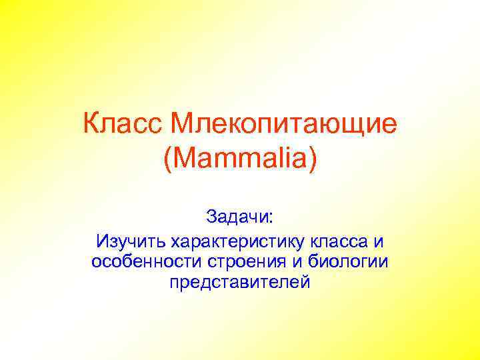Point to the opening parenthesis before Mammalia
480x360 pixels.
point(167,160)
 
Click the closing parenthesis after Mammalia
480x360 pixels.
point(313,160)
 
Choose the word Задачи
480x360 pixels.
point(237,217)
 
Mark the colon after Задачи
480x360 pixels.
point(271,218)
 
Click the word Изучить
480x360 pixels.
point(132,239)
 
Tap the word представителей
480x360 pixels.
point(239,282)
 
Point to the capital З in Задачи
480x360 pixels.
point(211,217)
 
